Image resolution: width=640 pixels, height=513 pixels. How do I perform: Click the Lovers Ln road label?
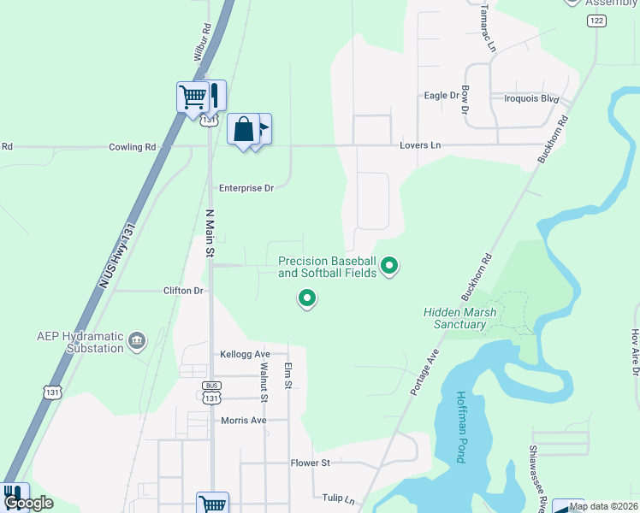(419, 146)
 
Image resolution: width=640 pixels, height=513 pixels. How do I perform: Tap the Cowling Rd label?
(132, 147)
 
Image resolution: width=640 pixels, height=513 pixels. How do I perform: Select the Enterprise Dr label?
(246, 188)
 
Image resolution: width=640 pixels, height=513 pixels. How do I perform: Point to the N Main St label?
(209, 233)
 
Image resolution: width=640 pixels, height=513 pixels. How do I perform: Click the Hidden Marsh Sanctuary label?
(459, 318)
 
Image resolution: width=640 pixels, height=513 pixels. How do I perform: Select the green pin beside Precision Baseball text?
(389, 267)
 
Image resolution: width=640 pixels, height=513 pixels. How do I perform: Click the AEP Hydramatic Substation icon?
(137, 343)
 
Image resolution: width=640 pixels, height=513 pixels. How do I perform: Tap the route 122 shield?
(596, 20)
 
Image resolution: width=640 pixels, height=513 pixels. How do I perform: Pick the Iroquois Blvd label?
(530, 99)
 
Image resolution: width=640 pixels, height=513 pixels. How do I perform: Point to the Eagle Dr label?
(441, 96)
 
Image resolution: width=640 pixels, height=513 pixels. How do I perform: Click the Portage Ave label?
(425, 371)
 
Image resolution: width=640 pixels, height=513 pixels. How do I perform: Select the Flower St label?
(310, 463)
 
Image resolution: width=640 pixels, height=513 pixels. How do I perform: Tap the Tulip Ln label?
(338, 498)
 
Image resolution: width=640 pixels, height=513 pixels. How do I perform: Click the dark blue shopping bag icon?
(243, 129)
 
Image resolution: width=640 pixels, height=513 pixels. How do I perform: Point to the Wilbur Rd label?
(202, 40)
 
